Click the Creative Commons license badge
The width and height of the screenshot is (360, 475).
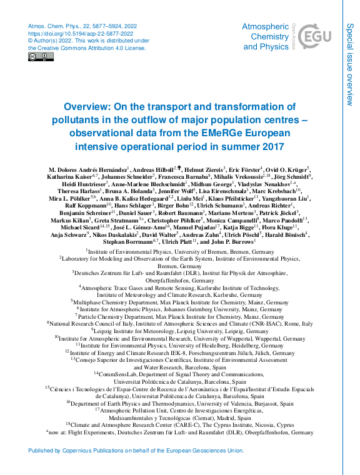[41, 57]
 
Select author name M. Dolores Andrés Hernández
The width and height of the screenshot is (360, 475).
[87, 169]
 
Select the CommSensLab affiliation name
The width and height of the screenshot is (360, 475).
[117, 374]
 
